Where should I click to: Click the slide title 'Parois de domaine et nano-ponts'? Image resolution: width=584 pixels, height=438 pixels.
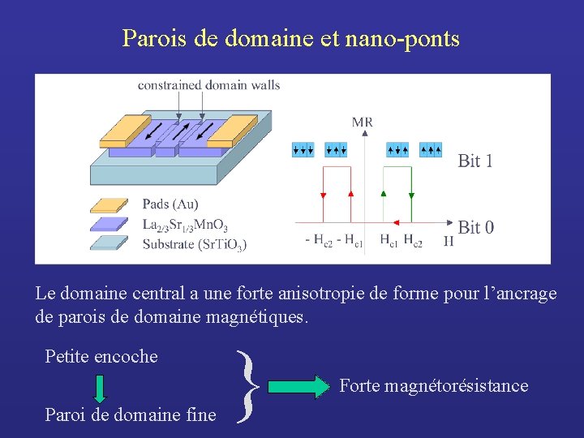(x=291, y=38)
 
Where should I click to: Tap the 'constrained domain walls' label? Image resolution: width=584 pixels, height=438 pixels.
(x=208, y=85)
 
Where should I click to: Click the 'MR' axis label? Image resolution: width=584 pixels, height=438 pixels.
(x=362, y=122)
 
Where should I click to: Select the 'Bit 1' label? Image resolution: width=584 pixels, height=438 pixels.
(x=475, y=161)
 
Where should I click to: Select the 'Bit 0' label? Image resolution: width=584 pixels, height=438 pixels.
(x=475, y=227)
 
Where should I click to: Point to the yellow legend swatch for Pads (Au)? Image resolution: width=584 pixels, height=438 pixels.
(x=109, y=205)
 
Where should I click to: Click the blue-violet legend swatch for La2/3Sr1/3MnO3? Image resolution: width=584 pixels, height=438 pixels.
(x=109, y=224)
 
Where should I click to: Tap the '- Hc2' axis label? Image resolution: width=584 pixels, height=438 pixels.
(x=318, y=240)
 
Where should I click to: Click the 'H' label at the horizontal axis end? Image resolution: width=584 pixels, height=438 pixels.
(x=449, y=240)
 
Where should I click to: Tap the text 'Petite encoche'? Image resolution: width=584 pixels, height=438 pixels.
(x=101, y=356)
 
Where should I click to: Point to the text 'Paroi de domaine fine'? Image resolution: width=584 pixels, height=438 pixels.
(x=131, y=414)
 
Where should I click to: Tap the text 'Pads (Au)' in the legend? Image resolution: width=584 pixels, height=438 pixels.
(x=170, y=204)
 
